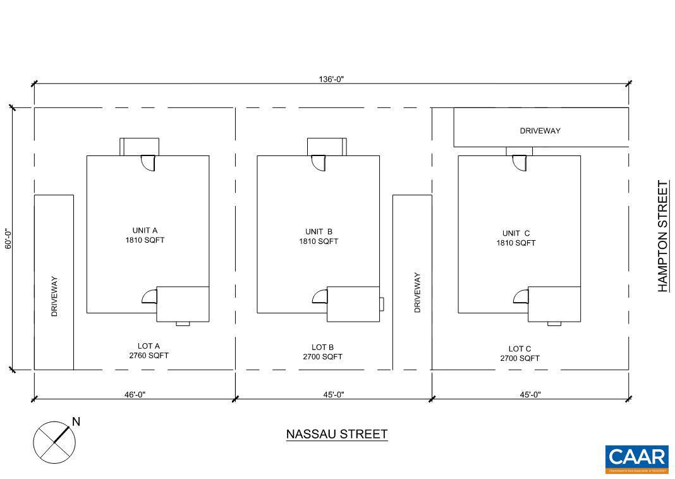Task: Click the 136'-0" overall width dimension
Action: (331, 79)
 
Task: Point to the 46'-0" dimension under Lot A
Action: (135, 394)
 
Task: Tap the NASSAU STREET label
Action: (336, 434)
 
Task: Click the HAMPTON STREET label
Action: (662, 236)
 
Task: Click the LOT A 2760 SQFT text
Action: (149, 351)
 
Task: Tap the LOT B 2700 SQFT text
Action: (322, 352)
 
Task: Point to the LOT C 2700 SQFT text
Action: (520, 353)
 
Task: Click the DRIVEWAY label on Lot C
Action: (540, 131)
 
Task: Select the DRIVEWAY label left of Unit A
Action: (54, 296)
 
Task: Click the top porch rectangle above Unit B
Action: (326, 147)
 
